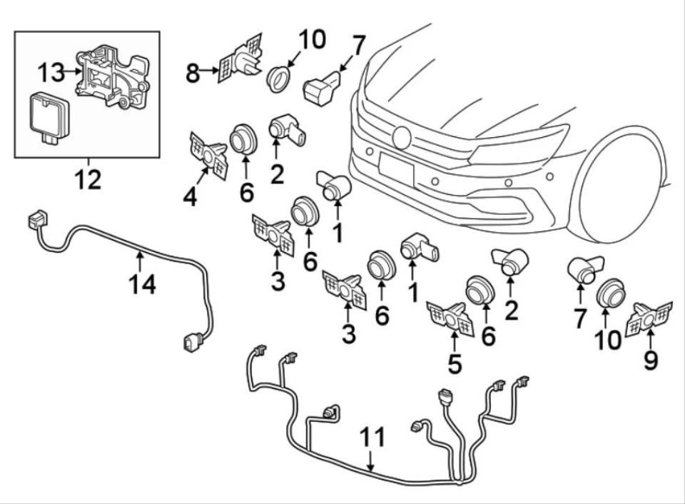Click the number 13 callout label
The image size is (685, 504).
click(50, 72)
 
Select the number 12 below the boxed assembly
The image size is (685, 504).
click(88, 179)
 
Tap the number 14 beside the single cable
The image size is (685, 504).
click(143, 284)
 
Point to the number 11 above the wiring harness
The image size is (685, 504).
click(372, 437)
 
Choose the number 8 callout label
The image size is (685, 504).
click(193, 74)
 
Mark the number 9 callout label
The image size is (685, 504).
click(651, 361)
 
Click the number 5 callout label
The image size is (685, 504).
click(455, 363)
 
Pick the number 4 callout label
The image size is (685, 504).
click(190, 197)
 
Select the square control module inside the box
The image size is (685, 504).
click(47, 117)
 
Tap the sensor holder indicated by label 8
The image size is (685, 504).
click(240, 58)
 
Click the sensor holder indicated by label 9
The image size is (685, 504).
click(649, 320)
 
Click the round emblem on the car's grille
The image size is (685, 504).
click(402, 137)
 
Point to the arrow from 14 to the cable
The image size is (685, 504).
click(139, 261)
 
